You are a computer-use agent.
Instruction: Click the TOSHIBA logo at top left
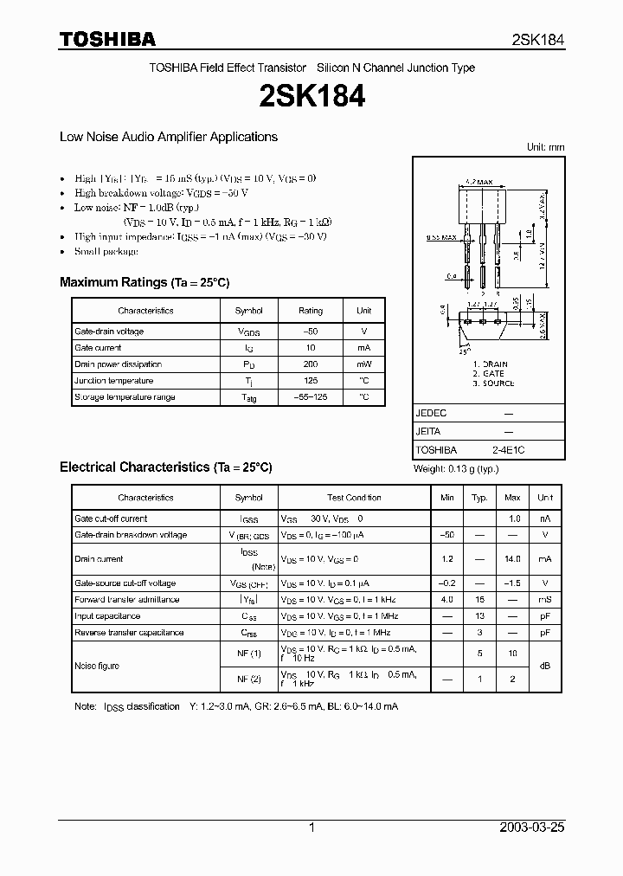(x=107, y=39)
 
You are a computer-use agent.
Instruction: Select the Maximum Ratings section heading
(x=145, y=282)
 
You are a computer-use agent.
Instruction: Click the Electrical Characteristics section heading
(x=165, y=467)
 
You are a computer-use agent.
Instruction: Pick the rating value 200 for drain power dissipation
(x=311, y=364)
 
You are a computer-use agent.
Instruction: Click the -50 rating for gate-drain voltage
(x=311, y=332)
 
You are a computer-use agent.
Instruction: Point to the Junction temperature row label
(x=113, y=381)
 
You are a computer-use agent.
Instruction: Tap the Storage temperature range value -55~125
(x=311, y=397)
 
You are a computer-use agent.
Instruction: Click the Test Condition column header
(x=354, y=498)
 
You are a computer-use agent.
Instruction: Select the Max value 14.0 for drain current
(x=512, y=560)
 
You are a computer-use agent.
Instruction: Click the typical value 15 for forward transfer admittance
(x=478, y=600)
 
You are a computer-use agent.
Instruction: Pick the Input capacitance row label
(x=107, y=616)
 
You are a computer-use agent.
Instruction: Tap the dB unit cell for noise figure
(x=545, y=666)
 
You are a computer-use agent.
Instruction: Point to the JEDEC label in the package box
(x=431, y=414)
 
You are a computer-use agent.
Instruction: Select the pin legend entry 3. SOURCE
(x=493, y=383)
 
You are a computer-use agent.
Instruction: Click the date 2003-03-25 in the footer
(x=532, y=828)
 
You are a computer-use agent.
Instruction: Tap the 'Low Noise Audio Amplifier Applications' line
(x=168, y=137)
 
